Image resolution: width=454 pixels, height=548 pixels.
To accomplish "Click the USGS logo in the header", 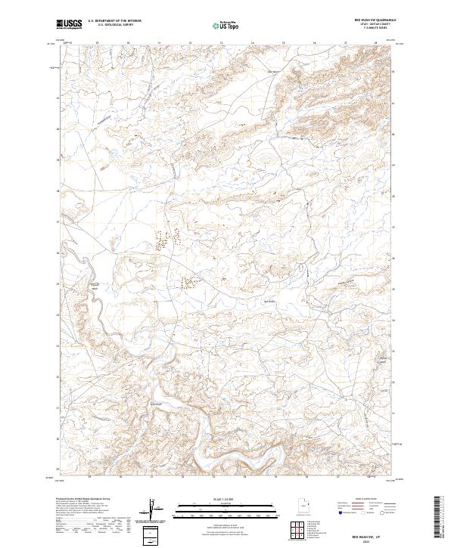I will tap(70, 24).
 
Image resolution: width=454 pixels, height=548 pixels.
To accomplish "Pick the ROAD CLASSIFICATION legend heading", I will tap(362, 500).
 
